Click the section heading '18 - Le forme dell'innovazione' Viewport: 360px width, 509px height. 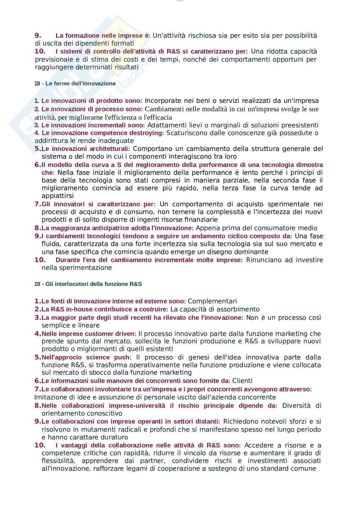click(75, 83)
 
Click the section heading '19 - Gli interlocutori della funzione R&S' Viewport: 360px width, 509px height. click(88, 284)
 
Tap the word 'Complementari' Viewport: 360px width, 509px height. click(212, 301)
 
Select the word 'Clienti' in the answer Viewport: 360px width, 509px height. click(242, 381)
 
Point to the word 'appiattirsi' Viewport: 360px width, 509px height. click(58, 196)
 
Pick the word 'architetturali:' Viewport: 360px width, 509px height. click(108, 149)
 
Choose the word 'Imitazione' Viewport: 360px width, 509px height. click(49, 397)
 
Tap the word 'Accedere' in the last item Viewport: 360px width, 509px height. click(258, 445)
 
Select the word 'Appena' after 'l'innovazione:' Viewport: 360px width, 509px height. click(207, 228)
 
